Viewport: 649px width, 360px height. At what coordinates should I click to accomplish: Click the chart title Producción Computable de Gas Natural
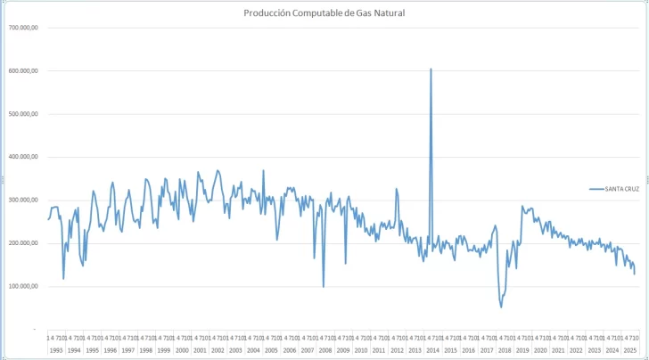pos(324,13)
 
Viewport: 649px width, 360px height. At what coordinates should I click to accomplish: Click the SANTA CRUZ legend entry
pos(616,189)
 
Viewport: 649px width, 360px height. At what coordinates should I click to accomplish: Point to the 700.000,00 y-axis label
pos(23,28)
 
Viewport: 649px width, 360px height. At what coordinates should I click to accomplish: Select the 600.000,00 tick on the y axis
pos(23,70)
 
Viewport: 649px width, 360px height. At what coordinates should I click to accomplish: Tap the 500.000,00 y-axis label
pos(23,114)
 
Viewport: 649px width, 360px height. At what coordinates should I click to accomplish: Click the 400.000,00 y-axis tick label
pos(23,157)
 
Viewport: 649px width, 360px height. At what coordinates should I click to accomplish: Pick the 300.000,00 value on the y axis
pos(23,200)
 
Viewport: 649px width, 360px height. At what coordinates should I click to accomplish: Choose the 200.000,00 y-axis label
pos(23,243)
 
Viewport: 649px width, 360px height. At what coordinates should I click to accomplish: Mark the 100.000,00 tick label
pos(23,286)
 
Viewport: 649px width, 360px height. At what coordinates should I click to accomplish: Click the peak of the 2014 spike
pos(431,69)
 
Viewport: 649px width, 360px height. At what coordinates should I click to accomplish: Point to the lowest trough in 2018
pos(501,307)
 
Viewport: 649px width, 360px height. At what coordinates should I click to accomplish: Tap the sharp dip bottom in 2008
pos(324,286)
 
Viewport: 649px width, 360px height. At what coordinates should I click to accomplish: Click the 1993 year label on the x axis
pos(56,351)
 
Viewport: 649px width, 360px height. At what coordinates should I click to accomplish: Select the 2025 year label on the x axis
pos(631,351)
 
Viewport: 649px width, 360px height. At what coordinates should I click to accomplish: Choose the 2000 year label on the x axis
pos(182,351)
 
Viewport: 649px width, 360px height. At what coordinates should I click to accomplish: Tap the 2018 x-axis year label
pos(505,351)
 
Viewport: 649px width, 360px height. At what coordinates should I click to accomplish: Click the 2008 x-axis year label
pos(325,351)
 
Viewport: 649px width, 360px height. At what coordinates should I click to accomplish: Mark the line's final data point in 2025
pos(635,274)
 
